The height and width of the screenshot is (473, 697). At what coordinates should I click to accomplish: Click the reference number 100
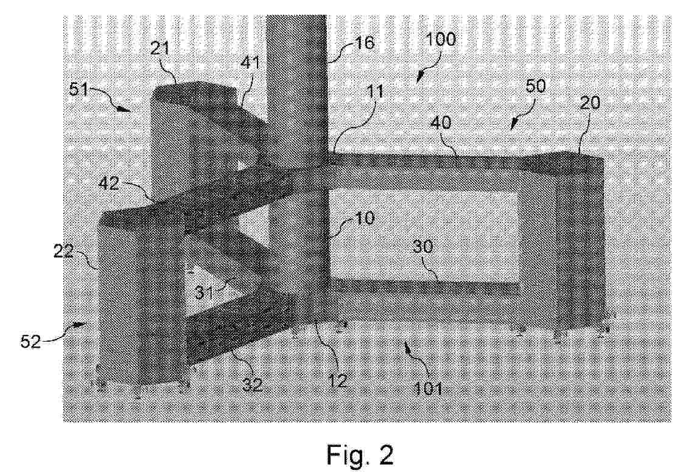point(441,40)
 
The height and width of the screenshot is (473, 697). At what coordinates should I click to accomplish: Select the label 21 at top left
point(160,47)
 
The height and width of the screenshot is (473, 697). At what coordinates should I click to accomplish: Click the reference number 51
point(79,91)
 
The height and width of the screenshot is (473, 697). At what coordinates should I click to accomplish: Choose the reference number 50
point(535,86)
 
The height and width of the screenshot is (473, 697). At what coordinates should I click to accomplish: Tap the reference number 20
point(590,103)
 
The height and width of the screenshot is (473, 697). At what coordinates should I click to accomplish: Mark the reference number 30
point(422,246)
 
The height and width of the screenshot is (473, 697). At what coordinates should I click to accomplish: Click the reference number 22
point(63,252)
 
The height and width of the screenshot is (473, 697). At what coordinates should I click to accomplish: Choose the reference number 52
point(30,342)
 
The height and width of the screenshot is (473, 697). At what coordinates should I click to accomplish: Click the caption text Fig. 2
point(360,454)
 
